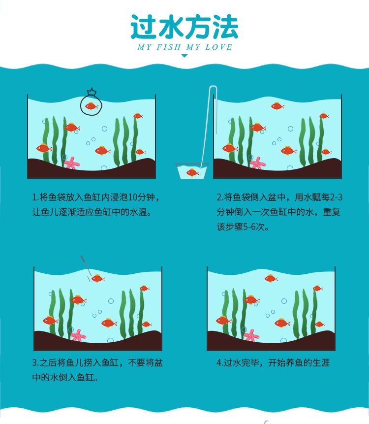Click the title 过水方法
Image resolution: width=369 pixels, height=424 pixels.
pyautogui.click(x=184, y=27)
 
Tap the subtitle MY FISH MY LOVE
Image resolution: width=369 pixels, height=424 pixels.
pyautogui.click(x=185, y=47)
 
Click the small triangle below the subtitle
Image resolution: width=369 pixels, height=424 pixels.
pyautogui.click(x=184, y=56)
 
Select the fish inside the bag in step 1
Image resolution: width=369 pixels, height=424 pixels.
pyautogui.click(x=92, y=106)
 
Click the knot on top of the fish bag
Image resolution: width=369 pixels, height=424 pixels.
pyautogui.click(x=92, y=92)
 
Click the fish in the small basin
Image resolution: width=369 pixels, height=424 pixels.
pyautogui.click(x=192, y=172)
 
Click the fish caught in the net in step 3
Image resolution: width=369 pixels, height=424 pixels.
pyautogui.click(x=98, y=278)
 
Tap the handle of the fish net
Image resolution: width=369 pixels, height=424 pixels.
pyautogui.click(x=85, y=265)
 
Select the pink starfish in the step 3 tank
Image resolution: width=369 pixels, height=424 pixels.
pyautogui.click(x=78, y=335)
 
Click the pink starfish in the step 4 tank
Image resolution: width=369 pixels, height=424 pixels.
pyautogui.click(x=251, y=335)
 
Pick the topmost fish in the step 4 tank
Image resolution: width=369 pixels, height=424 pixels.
pyautogui.click(x=271, y=278)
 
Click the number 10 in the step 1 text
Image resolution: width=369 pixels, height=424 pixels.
pyautogui.click(x=132, y=197)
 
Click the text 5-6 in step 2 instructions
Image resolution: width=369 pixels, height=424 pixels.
pyautogui.click(x=249, y=227)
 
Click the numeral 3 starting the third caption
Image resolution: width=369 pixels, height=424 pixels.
pyautogui.click(x=34, y=362)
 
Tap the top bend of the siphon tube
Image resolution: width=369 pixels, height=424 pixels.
pyautogui.click(x=213, y=87)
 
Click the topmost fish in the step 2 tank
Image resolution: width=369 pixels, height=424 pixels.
pyautogui.click(x=277, y=106)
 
